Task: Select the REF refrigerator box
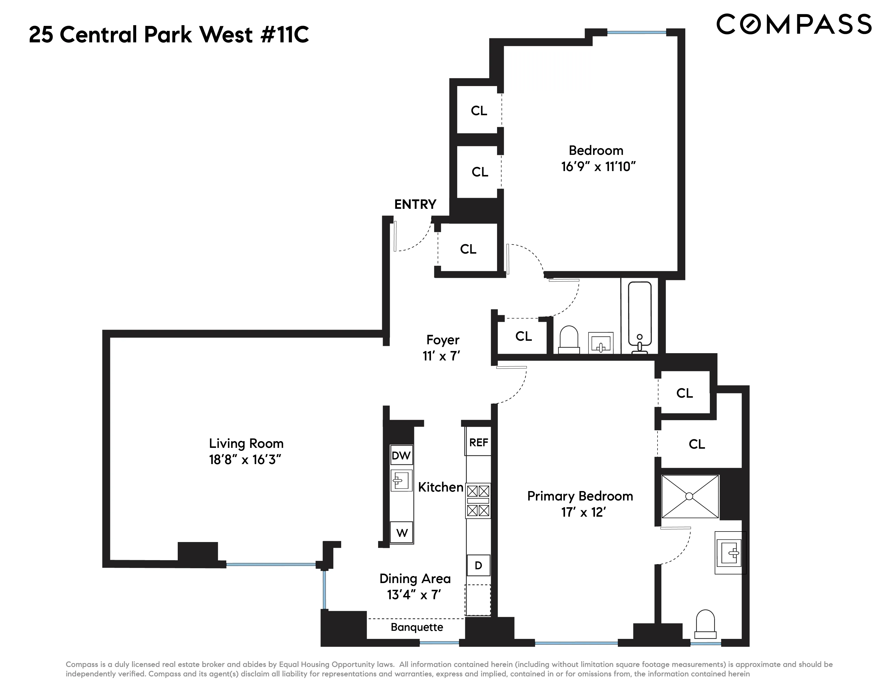[x=478, y=443]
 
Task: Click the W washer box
[x=402, y=533]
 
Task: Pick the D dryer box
[x=478, y=565]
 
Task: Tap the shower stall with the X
[x=690, y=496]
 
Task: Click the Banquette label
[x=416, y=627]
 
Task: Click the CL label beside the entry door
[x=468, y=249]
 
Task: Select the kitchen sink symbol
[x=401, y=480]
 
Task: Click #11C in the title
[x=285, y=35]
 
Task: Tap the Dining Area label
[x=415, y=579]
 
